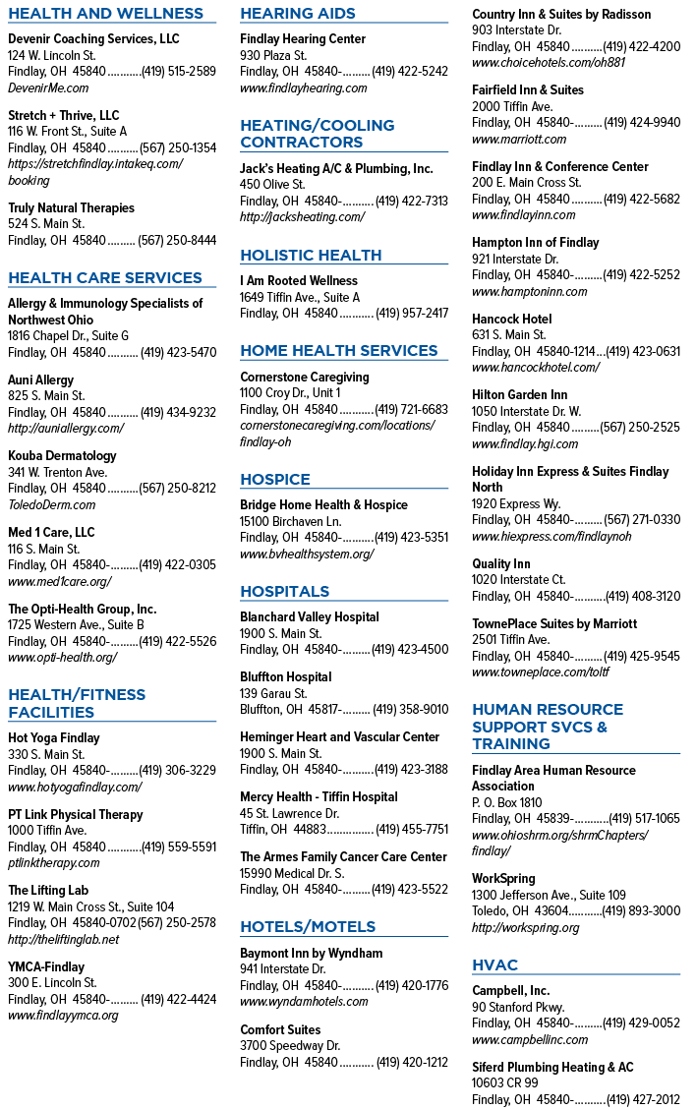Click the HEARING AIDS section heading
click(298, 14)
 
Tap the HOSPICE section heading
click(274, 479)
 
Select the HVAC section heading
click(494, 964)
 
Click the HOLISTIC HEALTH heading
click(311, 255)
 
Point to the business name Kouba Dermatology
click(62, 456)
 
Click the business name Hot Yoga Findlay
click(54, 737)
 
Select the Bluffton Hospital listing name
click(285, 676)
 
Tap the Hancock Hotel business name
click(512, 319)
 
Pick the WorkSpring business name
click(503, 879)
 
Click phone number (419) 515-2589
click(179, 72)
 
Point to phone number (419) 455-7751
click(411, 829)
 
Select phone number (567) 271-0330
click(642, 519)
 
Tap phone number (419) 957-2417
click(411, 313)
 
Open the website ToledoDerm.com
click(52, 504)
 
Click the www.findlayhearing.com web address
click(304, 88)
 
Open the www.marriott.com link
click(519, 140)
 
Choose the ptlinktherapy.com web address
click(54, 863)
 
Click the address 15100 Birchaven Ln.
click(290, 521)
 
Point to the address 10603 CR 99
click(505, 1082)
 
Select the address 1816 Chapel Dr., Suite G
click(68, 335)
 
